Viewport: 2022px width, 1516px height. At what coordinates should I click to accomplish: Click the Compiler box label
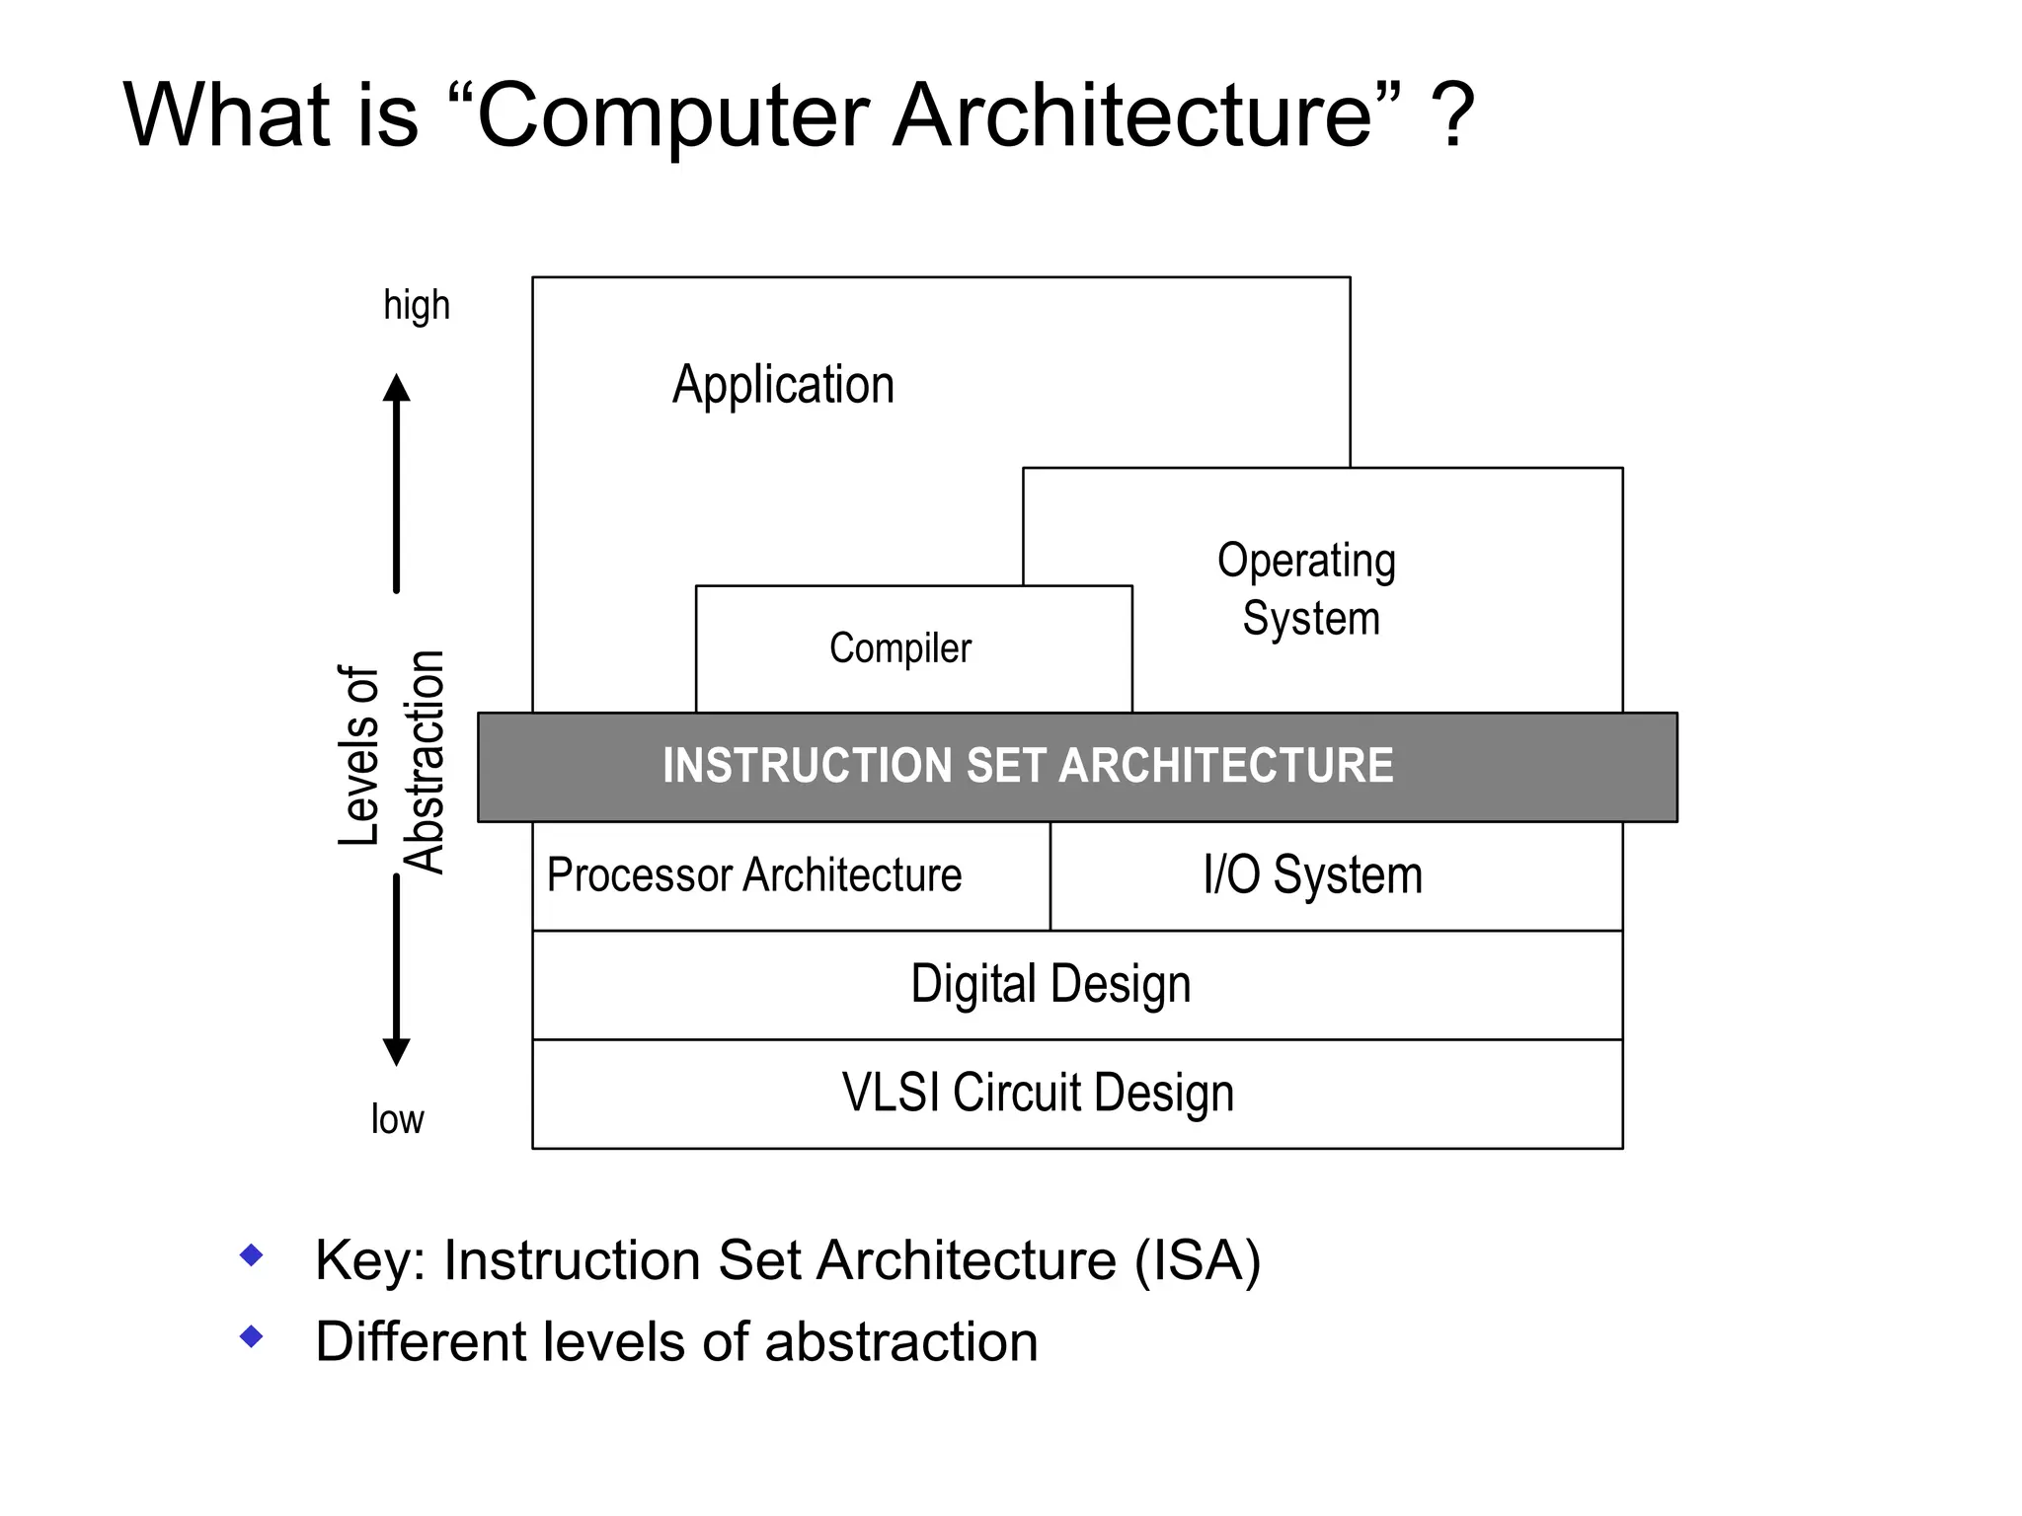[x=899, y=648]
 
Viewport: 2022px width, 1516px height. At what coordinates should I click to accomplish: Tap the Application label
[x=783, y=384]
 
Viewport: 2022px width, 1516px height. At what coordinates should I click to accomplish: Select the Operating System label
[x=1308, y=589]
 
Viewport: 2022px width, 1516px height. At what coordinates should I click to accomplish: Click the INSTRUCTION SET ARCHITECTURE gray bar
[x=1028, y=766]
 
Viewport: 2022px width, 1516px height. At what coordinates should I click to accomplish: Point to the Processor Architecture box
[x=754, y=875]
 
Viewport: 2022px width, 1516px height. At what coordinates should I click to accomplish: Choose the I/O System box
[x=1312, y=875]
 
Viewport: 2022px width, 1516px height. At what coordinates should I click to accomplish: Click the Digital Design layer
[x=1050, y=984]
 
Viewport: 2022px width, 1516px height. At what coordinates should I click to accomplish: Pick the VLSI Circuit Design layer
[x=1038, y=1093]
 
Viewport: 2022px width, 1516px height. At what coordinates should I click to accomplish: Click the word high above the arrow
[x=417, y=306]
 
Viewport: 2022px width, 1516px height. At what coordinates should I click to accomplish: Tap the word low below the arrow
[x=397, y=1119]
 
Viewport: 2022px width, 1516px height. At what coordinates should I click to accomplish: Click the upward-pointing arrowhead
[x=397, y=388]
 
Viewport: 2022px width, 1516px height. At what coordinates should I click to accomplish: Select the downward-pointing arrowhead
[x=397, y=1052]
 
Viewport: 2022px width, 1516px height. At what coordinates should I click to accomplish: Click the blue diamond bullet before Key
[x=252, y=1255]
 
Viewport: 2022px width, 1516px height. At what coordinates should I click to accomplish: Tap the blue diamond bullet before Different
[x=252, y=1337]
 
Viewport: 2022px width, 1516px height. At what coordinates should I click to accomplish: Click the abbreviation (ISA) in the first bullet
[x=1197, y=1260]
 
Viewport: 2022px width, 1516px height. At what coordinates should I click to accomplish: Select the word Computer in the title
[x=672, y=115]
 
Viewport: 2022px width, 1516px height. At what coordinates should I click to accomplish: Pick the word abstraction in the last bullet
[x=900, y=1342]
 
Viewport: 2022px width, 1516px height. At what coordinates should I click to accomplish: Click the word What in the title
[x=226, y=115]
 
